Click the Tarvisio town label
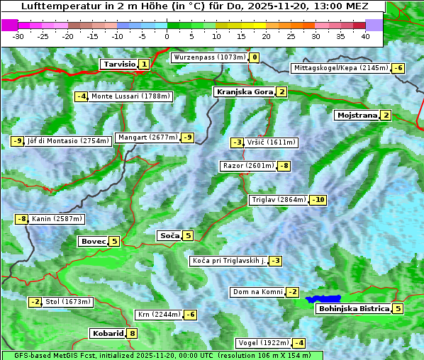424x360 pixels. tap(118, 64)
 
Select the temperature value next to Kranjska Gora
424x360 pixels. tap(281, 91)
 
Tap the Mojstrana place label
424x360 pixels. tap(357, 115)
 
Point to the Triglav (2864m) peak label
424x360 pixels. tap(279, 200)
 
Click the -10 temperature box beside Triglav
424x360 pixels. tap(318, 200)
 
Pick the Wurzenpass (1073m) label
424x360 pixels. tap(209, 57)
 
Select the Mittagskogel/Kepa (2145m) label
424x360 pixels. tap(340, 68)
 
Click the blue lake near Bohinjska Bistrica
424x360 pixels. tap(323, 300)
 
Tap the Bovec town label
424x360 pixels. tap(94, 241)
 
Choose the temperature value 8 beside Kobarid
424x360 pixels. tap(132, 333)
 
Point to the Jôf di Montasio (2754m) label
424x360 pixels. tap(68, 141)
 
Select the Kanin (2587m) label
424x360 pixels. tap(57, 219)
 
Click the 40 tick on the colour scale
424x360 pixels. tap(365, 36)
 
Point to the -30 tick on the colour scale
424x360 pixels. tap(19, 36)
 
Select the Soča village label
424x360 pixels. tap(169, 235)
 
